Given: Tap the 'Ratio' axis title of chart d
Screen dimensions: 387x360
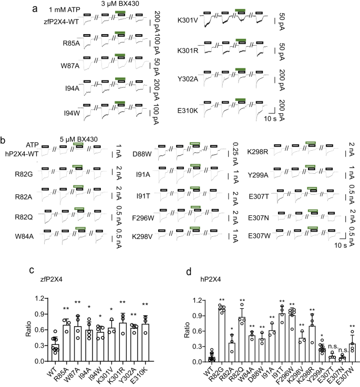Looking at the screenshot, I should coord(171,331).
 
